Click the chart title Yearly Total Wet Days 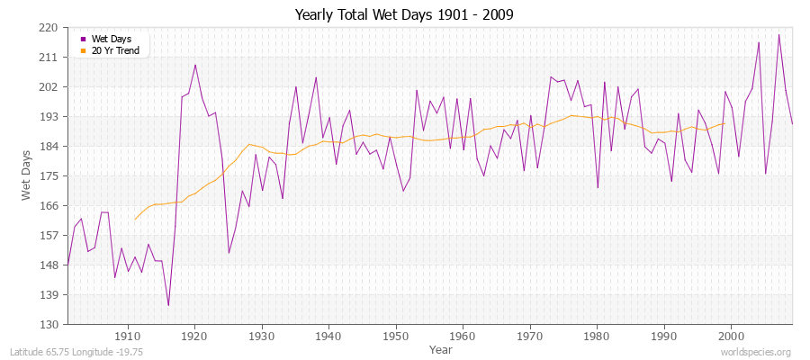(404, 15)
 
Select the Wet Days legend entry (111, 39)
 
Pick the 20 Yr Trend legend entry (115, 50)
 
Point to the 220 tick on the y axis (49, 28)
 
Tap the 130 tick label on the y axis (49, 324)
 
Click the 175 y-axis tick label (49, 176)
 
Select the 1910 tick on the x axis (128, 336)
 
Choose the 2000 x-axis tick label (731, 336)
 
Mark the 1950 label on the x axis (396, 336)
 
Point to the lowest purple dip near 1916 (168, 306)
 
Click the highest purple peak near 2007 (778, 34)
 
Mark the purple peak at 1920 (195, 64)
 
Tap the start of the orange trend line (135, 220)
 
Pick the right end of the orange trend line (724, 123)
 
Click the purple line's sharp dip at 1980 (598, 188)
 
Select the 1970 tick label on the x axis (530, 336)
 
